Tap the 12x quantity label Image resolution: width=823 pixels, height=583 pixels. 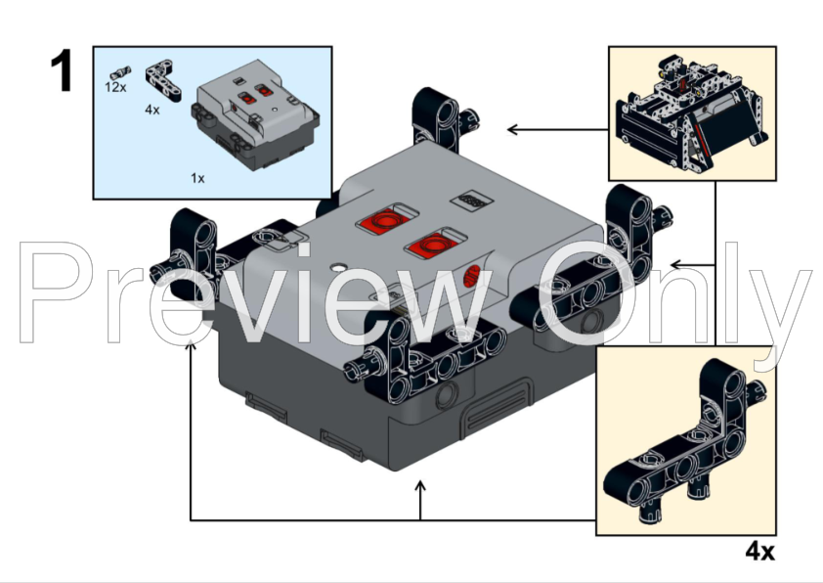coord(116,87)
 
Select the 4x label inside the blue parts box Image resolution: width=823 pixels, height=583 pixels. coord(152,110)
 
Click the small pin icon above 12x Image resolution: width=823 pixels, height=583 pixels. coord(119,71)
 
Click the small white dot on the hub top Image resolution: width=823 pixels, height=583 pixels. coord(337,266)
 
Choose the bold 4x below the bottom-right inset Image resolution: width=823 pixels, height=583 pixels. coord(759,552)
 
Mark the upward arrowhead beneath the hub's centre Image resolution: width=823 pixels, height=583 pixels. coord(420,486)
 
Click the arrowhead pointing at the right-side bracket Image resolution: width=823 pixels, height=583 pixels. coord(674,264)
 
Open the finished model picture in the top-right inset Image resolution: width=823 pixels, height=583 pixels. coord(692,112)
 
